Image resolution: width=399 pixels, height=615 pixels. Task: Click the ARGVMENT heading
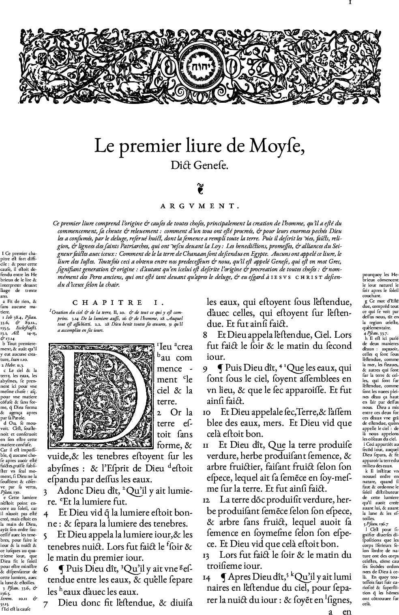click(x=199, y=206)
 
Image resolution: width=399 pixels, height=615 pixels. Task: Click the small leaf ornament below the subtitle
click(x=199, y=188)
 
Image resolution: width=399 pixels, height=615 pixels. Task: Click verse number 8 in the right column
click(x=205, y=335)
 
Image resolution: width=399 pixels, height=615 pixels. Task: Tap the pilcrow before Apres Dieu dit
click(x=223, y=577)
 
